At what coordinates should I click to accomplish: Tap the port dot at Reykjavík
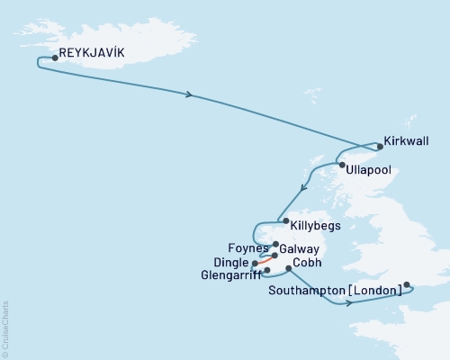pyautogui.click(x=56, y=58)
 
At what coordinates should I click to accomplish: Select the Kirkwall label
pyautogui.click(x=406, y=141)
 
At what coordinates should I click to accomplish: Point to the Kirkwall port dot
pyautogui.click(x=380, y=146)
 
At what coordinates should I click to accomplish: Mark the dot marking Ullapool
pyautogui.click(x=341, y=164)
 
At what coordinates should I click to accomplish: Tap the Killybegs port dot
pyautogui.click(x=285, y=221)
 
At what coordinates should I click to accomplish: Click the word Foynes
pyautogui.click(x=248, y=247)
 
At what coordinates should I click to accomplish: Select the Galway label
pyautogui.click(x=299, y=247)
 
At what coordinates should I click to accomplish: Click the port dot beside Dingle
pyautogui.click(x=256, y=263)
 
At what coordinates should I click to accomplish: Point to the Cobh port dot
pyautogui.click(x=288, y=268)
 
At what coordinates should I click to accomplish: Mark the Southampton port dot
pyautogui.click(x=408, y=285)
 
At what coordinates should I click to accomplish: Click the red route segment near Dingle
pyautogui.click(x=265, y=259)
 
